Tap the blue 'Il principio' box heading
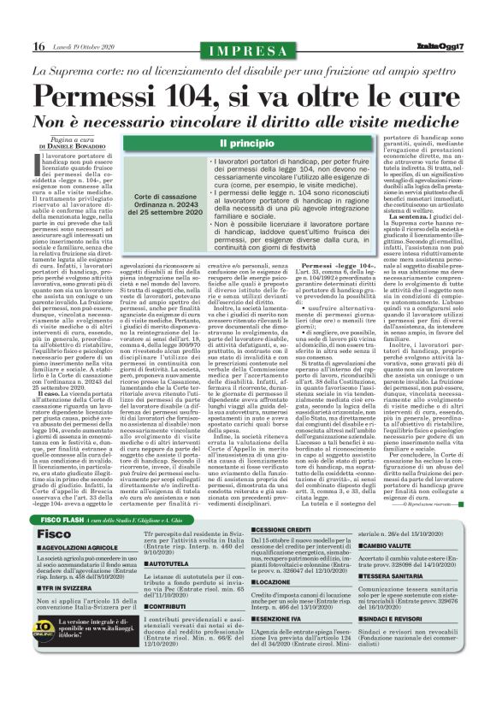tap(247, 142)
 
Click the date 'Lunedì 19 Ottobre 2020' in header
tap(81, 46)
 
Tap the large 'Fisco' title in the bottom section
tap(54, 510)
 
